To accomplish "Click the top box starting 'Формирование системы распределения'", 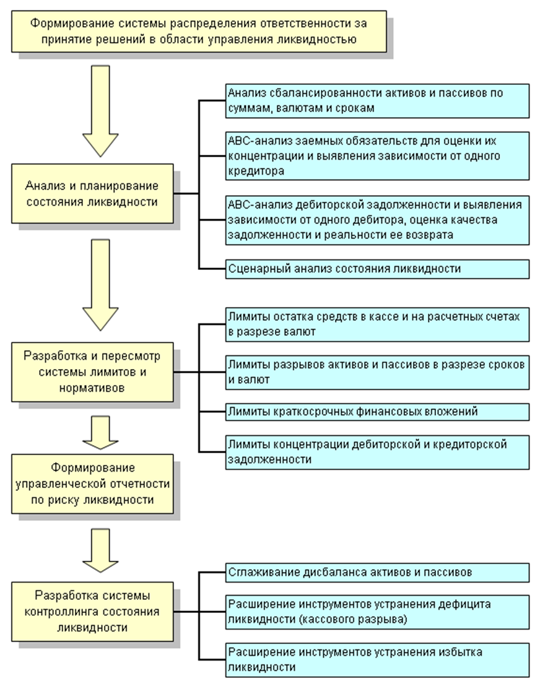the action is click(199, 32).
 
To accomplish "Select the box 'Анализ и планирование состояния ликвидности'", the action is click(92, 193).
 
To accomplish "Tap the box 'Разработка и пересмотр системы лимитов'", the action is click(92, 372).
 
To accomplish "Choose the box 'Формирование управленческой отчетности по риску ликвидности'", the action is click(92, 484).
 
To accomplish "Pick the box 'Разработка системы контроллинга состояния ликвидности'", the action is click(92, 612).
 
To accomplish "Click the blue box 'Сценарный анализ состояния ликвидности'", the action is click(377, 269).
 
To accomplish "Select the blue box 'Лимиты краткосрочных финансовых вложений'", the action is click(377, 412).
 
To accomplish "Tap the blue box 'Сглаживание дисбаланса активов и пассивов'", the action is click(377, 572).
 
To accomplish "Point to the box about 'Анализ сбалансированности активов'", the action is click(377, 101).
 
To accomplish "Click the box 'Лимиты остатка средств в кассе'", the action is click(377, 324).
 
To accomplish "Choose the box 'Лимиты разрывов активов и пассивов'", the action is click(377, 372).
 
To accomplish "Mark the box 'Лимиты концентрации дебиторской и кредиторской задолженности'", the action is click(377, 453).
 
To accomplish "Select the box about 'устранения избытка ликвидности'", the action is click(377, 660).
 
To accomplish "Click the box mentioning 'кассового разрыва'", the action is click(377, 612).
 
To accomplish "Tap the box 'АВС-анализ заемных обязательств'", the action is click(377, 156).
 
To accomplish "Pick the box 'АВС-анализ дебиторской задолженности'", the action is click(377, 220).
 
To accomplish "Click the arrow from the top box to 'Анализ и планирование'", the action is click(101, 111).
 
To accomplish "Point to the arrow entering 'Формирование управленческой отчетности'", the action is click(101, 433).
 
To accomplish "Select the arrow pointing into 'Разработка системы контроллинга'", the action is click(101, 550).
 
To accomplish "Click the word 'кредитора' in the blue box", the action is click(256, 171).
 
